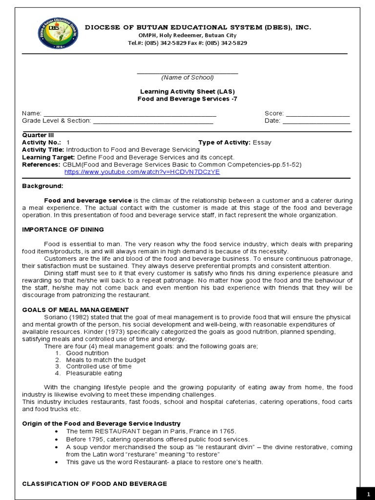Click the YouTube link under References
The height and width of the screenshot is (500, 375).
point(142,172)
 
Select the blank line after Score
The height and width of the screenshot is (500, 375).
point(317,114)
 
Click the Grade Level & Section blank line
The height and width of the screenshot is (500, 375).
point(153,122)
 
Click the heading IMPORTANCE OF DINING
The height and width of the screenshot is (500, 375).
point(63,229)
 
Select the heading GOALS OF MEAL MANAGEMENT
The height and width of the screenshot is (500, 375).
point(76,310)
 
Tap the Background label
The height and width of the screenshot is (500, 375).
point(42,186)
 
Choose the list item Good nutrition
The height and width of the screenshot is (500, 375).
point(87,353)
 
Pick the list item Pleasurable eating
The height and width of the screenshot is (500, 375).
point(94,373)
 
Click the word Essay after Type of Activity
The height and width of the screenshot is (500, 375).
point(262,143)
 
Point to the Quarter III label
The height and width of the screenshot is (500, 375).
point(38,135)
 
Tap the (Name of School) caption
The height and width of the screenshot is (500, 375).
point(187,77)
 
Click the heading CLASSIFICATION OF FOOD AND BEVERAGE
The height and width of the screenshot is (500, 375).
point(94,483)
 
